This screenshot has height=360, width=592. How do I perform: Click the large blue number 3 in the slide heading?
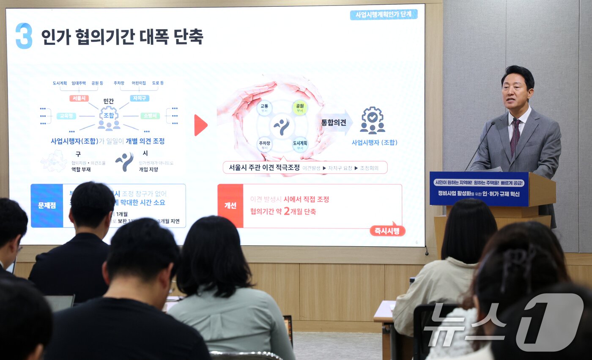tap(24, 36)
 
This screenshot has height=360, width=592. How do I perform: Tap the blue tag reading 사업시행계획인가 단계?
tap(384, 15)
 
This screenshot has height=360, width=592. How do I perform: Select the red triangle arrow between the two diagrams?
tap(200, 125)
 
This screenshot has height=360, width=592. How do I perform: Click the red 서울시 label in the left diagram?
tap(79, 98)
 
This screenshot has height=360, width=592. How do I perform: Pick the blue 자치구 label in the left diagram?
tap(140, 98)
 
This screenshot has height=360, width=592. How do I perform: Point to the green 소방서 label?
tap(150, 115)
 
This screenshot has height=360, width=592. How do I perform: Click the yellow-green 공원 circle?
tap(300, 107)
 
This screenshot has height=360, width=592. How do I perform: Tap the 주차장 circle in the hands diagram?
tap(264, 144)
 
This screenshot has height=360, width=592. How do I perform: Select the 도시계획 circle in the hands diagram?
tap(300, 144)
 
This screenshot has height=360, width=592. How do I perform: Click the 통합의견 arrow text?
tap(334, 123)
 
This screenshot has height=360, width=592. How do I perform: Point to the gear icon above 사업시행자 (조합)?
tap(372, 120)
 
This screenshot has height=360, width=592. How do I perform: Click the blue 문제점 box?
tap(47, 206)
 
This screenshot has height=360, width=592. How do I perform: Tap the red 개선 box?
tap(230, 206)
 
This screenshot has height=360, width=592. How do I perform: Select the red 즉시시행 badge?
tap(387, 231)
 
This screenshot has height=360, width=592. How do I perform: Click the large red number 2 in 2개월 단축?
tap(286, 211)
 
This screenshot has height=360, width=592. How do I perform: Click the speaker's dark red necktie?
tap(515, 137)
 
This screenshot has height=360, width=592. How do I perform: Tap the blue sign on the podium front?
tap(479, 188)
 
